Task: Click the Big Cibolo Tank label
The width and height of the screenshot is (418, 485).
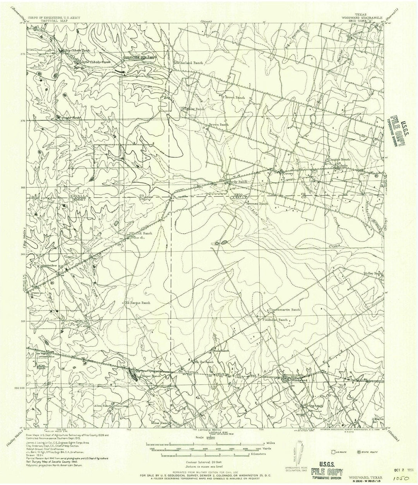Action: click(73, 50)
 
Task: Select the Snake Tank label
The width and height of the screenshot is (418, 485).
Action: click(63, 117)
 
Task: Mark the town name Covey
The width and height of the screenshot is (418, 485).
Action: click(289, 174)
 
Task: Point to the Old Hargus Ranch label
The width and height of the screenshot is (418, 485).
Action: click(137, 303)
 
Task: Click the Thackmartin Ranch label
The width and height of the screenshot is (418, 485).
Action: click(285, 310)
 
